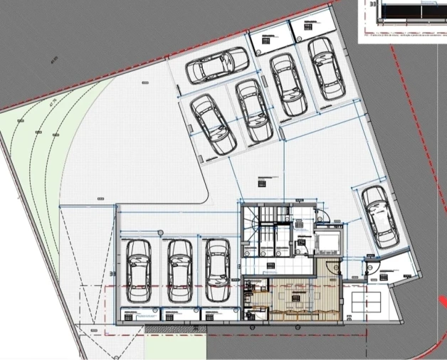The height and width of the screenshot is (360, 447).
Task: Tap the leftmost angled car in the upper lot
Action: point(214,124)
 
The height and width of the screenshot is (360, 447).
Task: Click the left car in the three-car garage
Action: point(137,270)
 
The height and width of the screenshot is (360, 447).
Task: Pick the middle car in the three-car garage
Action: point(179,270)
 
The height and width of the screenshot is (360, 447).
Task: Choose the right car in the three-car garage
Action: point(216,270)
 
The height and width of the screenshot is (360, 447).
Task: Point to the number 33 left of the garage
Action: point(112,271)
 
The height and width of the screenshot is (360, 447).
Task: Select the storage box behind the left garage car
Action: point(139,314)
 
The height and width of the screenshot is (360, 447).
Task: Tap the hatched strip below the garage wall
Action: point(174,329)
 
